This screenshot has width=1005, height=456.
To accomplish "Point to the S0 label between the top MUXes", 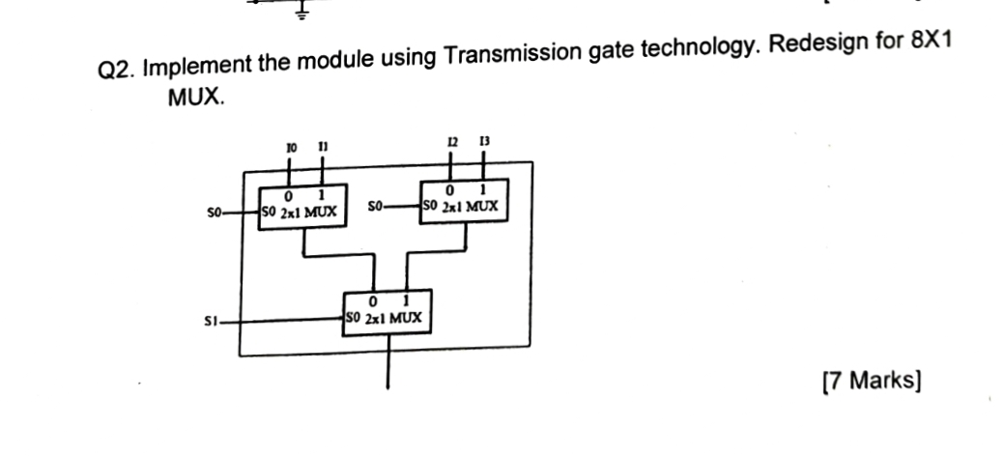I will coord(378,206).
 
